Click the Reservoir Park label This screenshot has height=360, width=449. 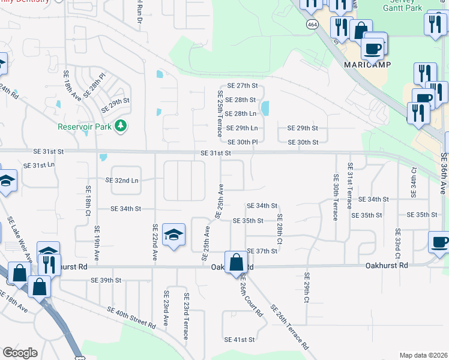86,127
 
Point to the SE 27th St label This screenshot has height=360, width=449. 242,86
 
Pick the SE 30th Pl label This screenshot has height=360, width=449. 243,142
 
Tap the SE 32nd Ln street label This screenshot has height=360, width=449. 122,180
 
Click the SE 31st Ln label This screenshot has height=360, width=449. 38,165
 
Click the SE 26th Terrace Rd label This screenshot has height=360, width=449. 289,328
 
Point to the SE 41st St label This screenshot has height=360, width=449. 240,340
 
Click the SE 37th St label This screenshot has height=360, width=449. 262,251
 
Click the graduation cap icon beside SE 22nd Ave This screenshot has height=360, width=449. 173,235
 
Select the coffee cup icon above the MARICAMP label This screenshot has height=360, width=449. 373,48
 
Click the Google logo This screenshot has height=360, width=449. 20,353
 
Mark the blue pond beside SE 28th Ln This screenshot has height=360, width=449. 265,108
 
